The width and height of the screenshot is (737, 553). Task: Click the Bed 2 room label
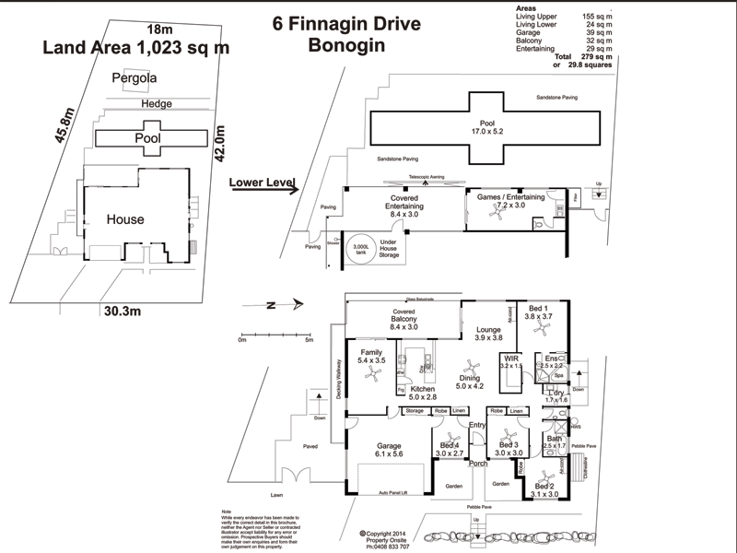coord(545,489)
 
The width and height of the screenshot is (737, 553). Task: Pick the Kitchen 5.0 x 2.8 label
coord(416,394)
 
